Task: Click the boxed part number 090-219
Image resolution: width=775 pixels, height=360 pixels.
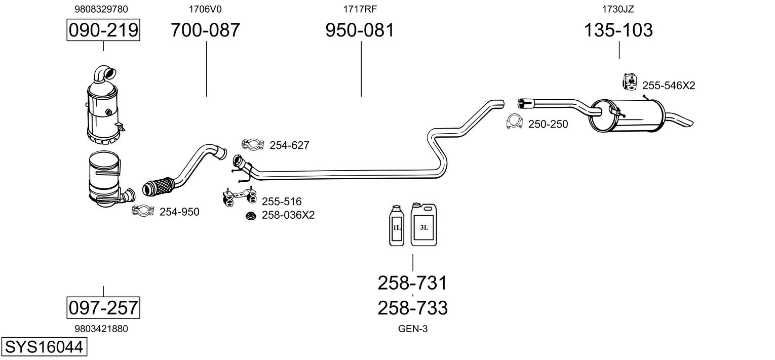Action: point(103,30)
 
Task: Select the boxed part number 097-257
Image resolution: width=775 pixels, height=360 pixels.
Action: point(103,307)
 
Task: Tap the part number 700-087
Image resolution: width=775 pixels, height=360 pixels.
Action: point(205,30)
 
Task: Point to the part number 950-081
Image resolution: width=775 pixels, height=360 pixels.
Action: point(360,30)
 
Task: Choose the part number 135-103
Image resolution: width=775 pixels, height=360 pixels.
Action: point(618,30)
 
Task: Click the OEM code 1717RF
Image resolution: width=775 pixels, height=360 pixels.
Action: point(360,9)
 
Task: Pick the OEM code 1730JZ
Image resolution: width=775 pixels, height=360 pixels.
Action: point(618,9)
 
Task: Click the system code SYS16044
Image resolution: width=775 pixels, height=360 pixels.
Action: point(44,347)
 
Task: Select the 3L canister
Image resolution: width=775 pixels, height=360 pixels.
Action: point(424,224)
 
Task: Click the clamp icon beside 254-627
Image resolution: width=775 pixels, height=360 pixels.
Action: point(253,144)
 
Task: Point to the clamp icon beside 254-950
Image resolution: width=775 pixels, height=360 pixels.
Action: point(143,211)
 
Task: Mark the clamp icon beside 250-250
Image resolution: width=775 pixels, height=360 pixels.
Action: point(514,122)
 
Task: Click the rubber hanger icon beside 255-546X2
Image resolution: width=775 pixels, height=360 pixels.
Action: point(630,82)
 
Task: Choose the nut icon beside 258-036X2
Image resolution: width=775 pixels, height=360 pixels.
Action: point(251,216)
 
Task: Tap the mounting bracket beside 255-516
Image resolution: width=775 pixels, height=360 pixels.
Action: point(239,197)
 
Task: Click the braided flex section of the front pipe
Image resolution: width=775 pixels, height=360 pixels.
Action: point(159,187)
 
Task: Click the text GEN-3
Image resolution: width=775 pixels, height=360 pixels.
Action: point(413,329)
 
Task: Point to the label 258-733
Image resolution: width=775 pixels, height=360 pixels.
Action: point(413,308)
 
